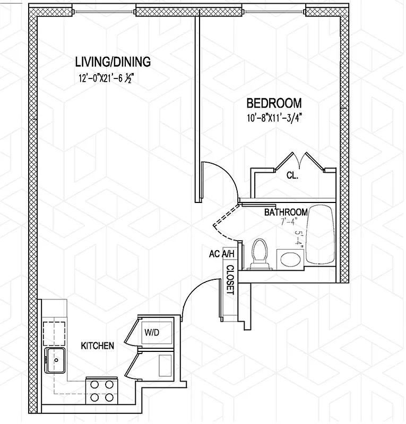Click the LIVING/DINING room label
tap(113, 62)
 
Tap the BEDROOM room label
tap(274, 103)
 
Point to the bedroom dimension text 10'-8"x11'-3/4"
tap(274, 119)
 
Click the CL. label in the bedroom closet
tap(292, 175)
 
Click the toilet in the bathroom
tap(260, 253)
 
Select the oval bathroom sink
tap(290, 259)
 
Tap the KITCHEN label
tap(97, 346)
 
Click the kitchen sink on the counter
tap(55, 360)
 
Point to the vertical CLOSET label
tap(230, 280)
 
